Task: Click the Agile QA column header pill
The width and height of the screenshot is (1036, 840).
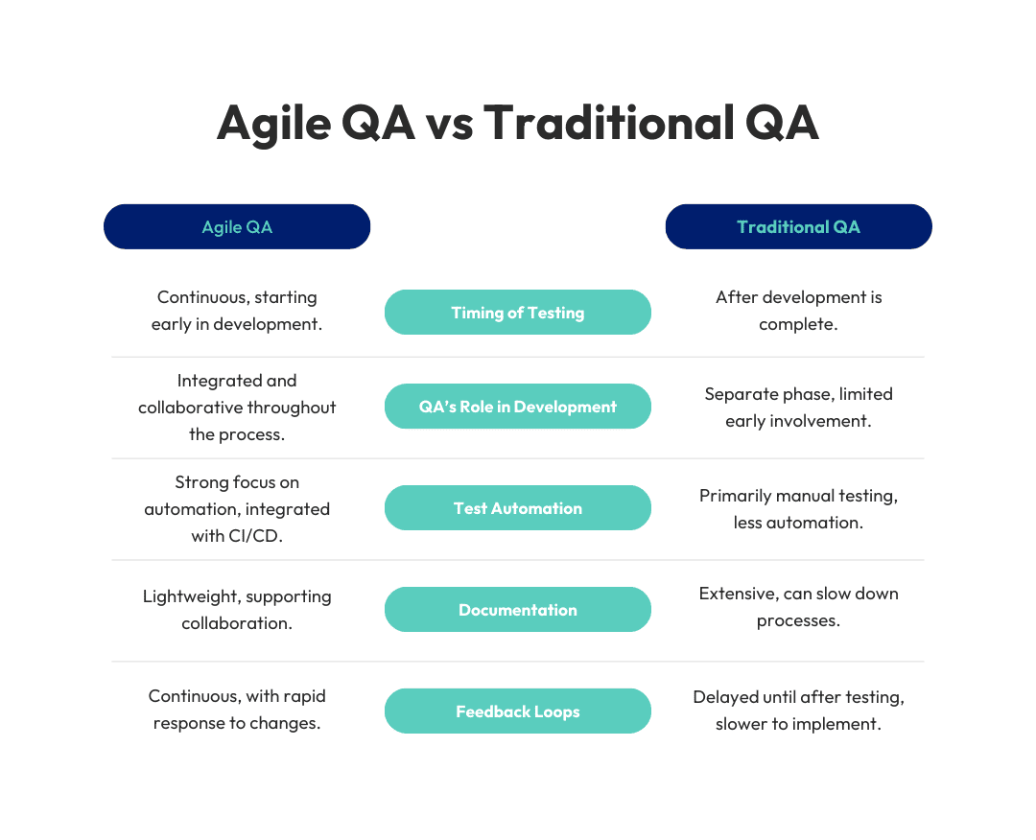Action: tap(237, 226)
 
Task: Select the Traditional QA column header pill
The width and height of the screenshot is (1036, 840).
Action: tap(798, 226)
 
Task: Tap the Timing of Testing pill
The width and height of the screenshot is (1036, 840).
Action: tap(518, 313)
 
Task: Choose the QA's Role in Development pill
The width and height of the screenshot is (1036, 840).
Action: tap(518, 407)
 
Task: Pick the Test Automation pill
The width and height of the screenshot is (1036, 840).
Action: tap(518, 508)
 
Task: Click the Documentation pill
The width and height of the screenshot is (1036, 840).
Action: tap(518, 610)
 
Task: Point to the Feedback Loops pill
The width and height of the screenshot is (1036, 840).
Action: tap(518, 712)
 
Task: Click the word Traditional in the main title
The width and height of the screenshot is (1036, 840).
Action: tap(609, 123)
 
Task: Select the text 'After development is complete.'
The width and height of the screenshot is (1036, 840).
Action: tap(798, 311)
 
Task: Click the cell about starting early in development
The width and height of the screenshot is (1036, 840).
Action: tap(237, 311)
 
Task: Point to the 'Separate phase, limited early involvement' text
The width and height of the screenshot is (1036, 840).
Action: tap(798, 407)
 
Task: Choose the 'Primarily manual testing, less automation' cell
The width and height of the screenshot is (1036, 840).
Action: tap(798, 508)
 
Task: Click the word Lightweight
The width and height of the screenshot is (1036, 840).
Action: tap(186, 597)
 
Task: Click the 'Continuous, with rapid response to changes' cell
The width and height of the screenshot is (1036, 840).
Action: tap(237, 710)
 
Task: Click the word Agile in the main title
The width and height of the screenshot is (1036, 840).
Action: tap(273, 124)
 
